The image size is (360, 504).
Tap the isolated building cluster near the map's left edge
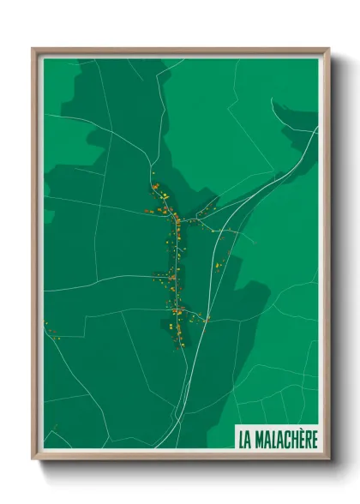pyautogui.click(x=50, y=331)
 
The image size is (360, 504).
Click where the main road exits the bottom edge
pyautogui.click(x=177, y=447)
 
